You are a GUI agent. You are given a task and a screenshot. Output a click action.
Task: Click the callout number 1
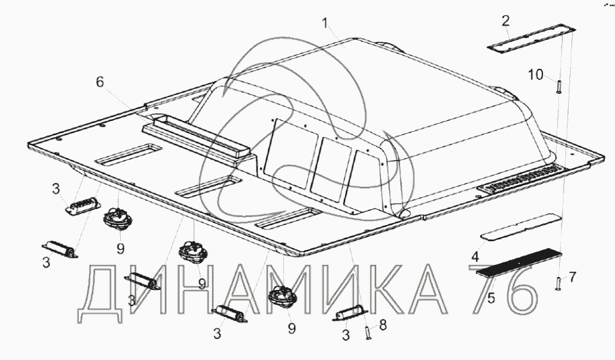pyautogui.click(x=325, y=23)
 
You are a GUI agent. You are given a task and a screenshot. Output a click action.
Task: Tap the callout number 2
pyautogui.click(x=506, y=21)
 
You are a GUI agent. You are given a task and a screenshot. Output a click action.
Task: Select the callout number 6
pyautogui.click(x=100, y=82)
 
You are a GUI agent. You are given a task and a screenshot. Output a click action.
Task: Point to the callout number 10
pyautogui.click(x=535, y=74)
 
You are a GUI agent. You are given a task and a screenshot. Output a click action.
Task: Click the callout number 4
pyautogui.click(x=475, y=257)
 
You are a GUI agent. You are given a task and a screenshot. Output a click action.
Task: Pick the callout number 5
pyautogui.click(x=491, y=298)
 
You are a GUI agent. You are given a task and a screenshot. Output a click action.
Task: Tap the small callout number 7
pyautogui.click(x=572, y=277)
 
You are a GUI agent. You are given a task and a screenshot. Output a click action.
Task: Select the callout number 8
pyautogui.click(x=382, y=325)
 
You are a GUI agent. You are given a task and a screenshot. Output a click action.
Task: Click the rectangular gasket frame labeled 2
pyautogui.click(x=531, y=39)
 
